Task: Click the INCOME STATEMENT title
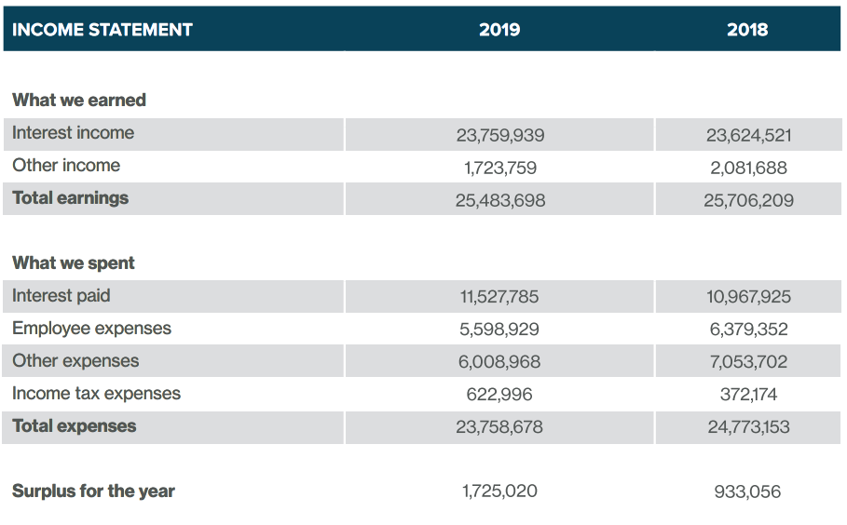(x=102, y=30)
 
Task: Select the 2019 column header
(x=499, y=30)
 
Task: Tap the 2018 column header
(x=747, y=30)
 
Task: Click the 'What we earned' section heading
(x=79, y=100)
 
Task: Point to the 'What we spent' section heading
(x=74, y=262)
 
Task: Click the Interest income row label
(x=73, y=133)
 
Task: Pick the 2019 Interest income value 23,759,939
(x=500, y=135)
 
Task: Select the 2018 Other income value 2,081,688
(x=748, y=168)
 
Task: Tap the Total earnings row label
(x=70, y=198)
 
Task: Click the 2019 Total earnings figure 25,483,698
(x=500, y=201)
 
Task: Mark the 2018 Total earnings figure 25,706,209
(x=748, y=201)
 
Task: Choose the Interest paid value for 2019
(x=499, y=297)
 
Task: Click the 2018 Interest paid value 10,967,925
(x=748, y=297)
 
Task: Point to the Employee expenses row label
(x=91, y=329)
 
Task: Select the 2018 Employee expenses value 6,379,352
(x=748, y=330)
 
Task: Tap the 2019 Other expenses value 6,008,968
(x=499, y=361)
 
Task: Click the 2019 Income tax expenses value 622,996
(x=499, y=395)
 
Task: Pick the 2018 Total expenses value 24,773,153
(x=748, y=427)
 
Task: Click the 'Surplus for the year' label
(x=93, y=491)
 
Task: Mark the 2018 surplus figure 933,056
(x=747, y=491)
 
